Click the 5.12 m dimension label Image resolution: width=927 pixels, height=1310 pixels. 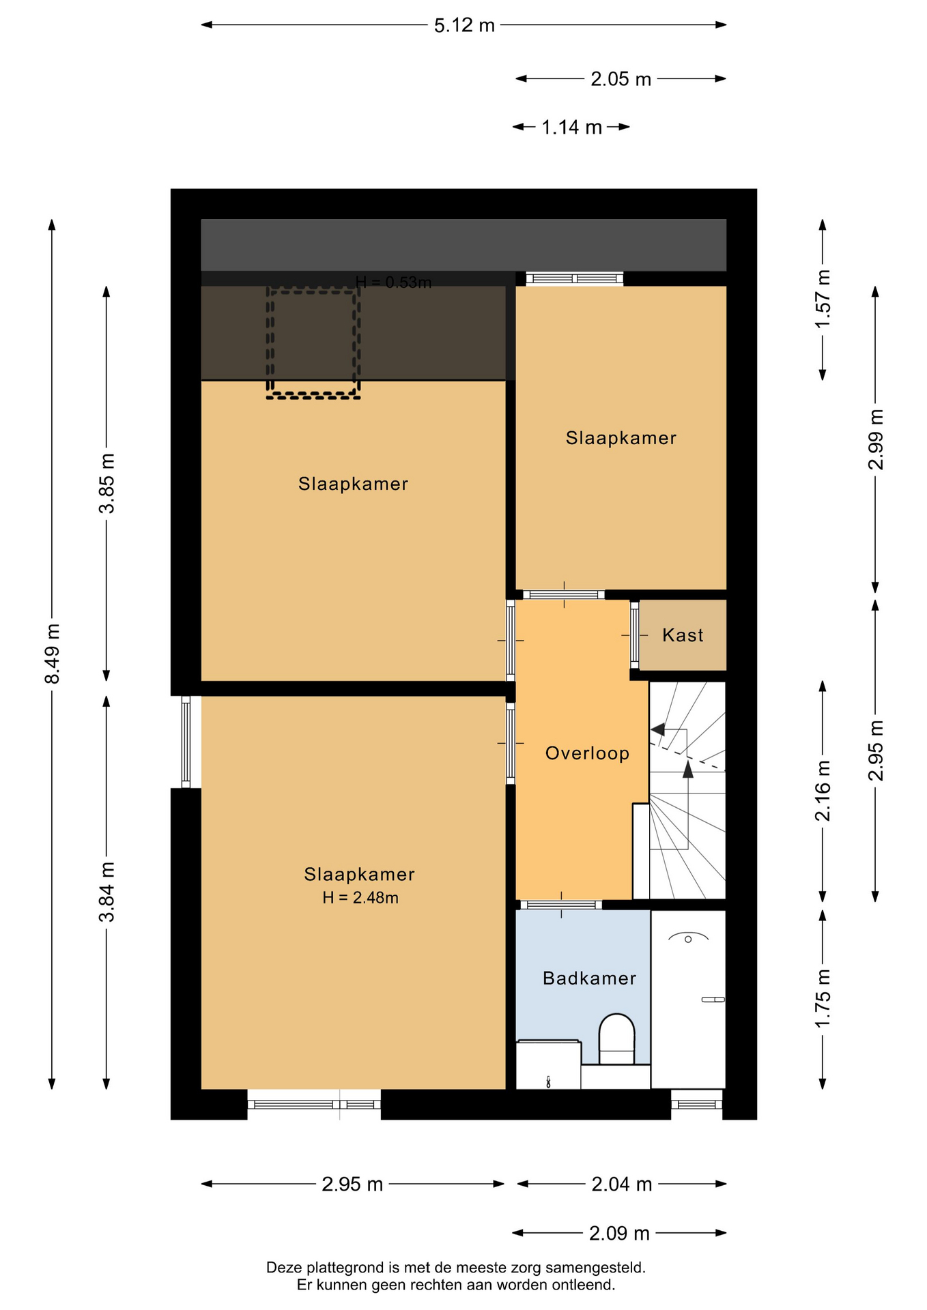(x=464, y=25)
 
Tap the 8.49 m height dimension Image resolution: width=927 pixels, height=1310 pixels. (x=53, y=653)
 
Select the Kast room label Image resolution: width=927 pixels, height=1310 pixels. (x=683, y=635)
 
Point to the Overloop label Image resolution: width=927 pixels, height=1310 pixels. (x=587, y=753)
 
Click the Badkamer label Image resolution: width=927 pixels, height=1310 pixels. (x=589, y=978)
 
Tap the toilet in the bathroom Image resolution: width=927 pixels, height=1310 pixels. (x=616, y=1039)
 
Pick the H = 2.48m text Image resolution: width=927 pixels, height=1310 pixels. (x=360, y=898)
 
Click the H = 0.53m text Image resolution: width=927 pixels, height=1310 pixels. (x=394, y=282)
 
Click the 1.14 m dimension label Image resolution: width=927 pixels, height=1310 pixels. (x=571, y=128)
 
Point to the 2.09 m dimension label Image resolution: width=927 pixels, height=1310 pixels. (x=619, y=1234)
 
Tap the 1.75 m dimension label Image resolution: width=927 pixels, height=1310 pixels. (x=823, y=998)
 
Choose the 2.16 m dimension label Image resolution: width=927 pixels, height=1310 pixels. (x=823, y=791)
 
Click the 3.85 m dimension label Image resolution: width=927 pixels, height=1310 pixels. (x=107, y=483)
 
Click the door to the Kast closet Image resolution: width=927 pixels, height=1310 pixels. (x=634, y=635)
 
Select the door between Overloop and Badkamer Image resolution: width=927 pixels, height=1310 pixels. (x=562, y=905)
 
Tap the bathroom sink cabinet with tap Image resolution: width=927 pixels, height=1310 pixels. (x=548, y=1064)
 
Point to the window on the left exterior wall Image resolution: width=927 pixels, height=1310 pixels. (x=186, y=742)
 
